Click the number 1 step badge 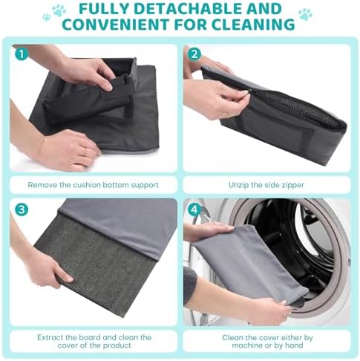click(22, 54)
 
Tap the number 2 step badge click(194, 53)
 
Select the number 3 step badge click(22, 209)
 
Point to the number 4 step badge click(194, 209)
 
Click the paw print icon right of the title click(305, 14)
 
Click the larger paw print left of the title click(59, 10)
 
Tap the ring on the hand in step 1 click(85, 153)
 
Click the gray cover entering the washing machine click(250, 262)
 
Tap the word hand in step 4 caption click(294, 345)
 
